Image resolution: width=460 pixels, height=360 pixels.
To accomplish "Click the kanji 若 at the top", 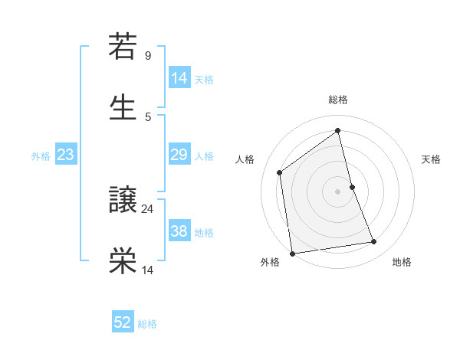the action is (123, 47).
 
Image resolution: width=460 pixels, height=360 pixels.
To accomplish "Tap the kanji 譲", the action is (123, 201).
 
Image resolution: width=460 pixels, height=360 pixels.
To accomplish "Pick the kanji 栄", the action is (123, 260).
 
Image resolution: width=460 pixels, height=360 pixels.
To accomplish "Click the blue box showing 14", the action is (179, 78).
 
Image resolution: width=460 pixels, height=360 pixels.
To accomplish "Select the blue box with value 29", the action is (179, 155).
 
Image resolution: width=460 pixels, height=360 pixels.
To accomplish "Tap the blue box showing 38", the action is (179, 231).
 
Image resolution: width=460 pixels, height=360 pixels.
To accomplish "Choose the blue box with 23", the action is (65, 155).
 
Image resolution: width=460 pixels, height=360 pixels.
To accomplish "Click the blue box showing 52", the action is (123, 322).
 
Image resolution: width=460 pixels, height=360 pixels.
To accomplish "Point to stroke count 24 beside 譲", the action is (148, 208).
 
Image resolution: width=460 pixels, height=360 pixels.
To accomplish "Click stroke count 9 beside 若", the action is (148, 56).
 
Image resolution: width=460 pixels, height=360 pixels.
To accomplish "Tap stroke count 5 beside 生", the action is (148, 116).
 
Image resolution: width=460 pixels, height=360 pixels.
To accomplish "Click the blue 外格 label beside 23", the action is (41, 156).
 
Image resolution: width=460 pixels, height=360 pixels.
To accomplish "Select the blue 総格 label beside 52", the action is (147, 324).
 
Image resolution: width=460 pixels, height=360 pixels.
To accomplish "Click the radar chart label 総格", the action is (338, 100).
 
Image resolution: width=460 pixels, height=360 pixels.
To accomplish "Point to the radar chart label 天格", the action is (432, 159).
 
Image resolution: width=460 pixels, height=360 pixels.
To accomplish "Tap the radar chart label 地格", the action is (402, 262).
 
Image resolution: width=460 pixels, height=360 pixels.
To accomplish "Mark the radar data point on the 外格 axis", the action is (292, 252).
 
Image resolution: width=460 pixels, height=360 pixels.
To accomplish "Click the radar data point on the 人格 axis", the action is (280, 172).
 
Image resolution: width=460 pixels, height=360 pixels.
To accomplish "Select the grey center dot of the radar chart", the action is (338, 191).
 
